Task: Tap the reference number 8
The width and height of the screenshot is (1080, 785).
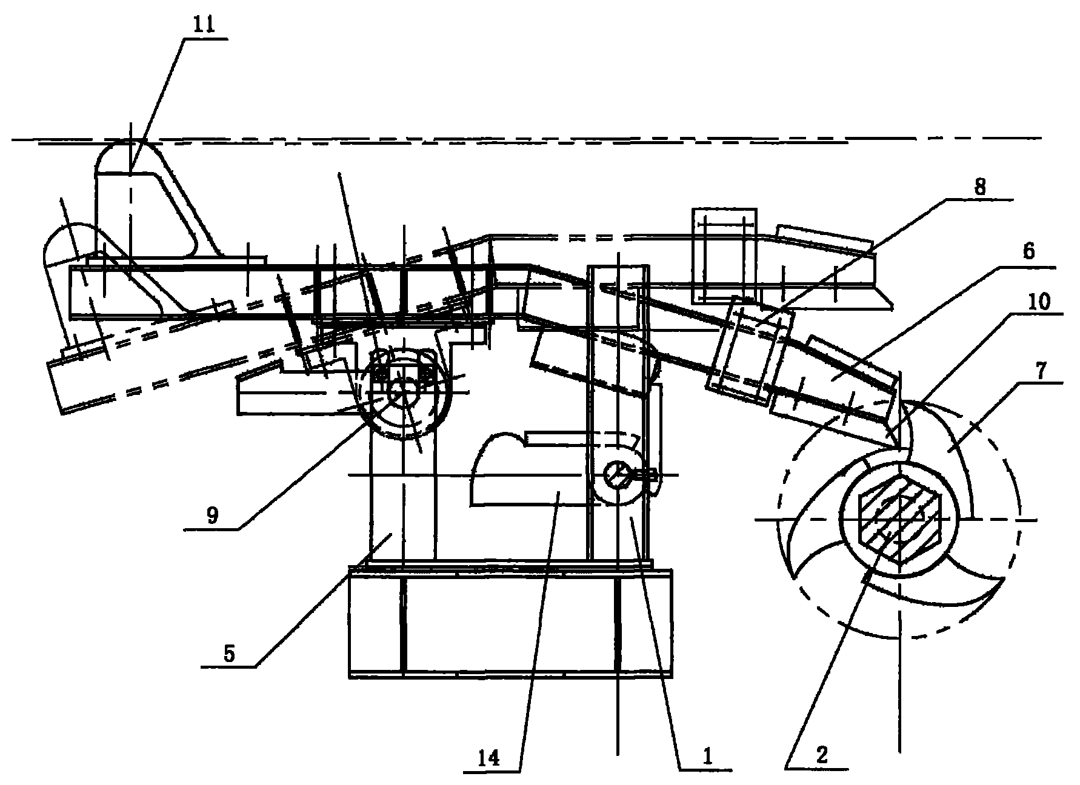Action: coord(980,187)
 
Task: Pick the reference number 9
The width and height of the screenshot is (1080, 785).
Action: coord(213,515)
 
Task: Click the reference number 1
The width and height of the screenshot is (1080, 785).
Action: coord(707,756)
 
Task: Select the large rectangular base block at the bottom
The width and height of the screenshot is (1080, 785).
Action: coord(511,623)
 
